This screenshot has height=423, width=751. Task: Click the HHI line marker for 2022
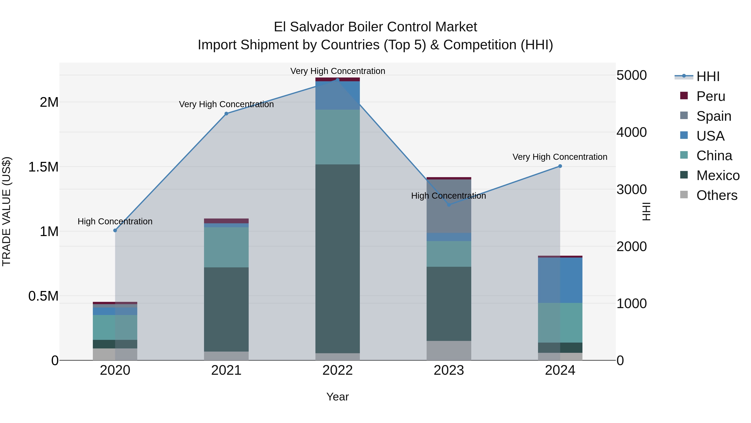[x=338, y=80]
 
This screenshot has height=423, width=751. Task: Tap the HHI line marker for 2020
[x=115, y=230]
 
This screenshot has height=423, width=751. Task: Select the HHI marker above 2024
[x=560, y=166]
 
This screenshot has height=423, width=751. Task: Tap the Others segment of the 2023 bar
[x=449, y=350]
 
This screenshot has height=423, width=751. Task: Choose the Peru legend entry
[x=711, y=96]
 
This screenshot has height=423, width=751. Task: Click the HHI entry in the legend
[x=708, y=76]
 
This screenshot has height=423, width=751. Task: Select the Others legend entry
[x=716, y=195]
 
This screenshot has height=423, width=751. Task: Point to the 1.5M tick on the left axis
[x=43, y=167]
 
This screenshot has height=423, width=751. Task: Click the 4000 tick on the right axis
[x=631, y=132]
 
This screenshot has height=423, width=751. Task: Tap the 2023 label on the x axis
[x=449, y=370]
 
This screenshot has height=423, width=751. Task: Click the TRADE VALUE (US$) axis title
[x=7, y=211]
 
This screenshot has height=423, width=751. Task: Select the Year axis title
[x=338, y=397]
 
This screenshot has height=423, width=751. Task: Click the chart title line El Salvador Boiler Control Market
[x=375, y=27]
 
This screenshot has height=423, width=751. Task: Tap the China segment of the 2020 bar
[x=115, y=327]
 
